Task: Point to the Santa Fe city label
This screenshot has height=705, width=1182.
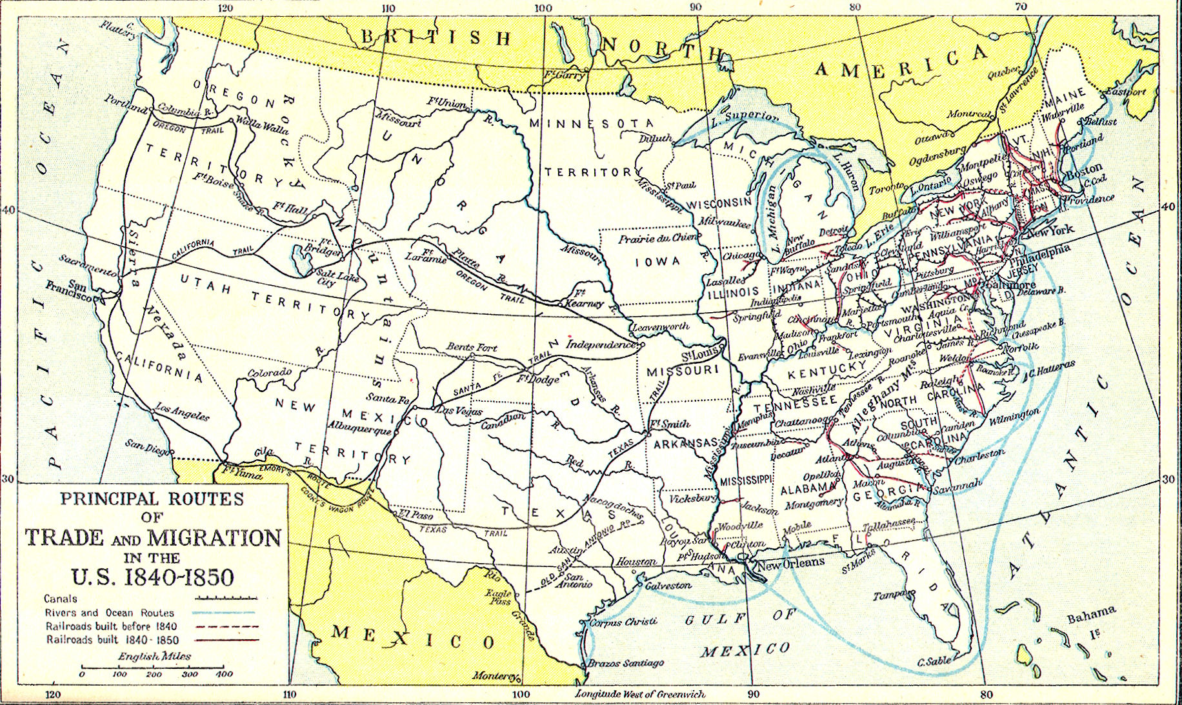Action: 388,399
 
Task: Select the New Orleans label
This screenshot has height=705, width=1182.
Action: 790,562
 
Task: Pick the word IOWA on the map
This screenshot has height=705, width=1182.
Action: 657,261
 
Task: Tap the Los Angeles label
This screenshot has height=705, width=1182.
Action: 183,412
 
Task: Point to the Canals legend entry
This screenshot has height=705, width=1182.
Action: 61,599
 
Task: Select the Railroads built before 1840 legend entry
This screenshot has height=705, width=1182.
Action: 111,626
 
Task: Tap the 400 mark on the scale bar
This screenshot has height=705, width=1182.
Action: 224,674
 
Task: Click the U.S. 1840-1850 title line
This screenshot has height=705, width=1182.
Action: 152,576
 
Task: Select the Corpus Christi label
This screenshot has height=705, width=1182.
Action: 623,622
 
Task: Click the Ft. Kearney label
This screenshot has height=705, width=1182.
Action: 583,297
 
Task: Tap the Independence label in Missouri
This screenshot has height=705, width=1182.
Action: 601,344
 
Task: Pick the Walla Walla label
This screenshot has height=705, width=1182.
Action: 262,124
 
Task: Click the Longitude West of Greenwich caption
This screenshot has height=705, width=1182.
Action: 640,694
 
